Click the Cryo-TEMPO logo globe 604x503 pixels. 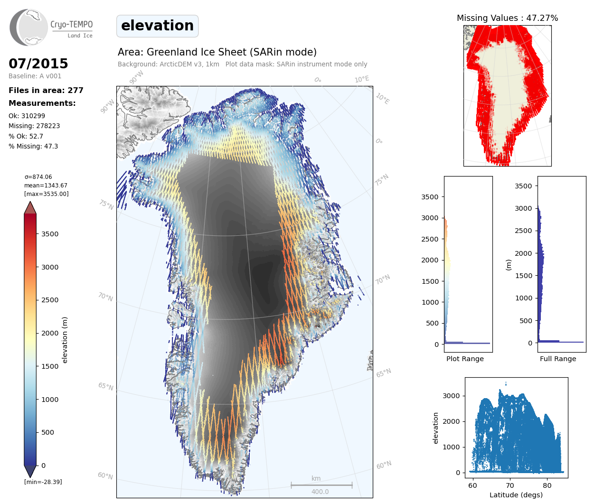[29, 28]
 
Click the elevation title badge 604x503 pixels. [157, 26]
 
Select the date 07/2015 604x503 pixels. [38, 64]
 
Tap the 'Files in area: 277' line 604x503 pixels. [46, 91]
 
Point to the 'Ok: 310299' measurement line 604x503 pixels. [27, 116]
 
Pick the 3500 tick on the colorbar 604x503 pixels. [50, 234]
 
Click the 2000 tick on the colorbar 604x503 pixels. [50, 333]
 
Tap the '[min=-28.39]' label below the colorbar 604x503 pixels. [43, 482]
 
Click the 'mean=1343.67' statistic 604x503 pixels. [46, 186]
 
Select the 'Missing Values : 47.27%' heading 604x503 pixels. [507, 18]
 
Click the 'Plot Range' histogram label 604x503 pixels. [465, 359]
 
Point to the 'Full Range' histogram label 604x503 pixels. [558, 359]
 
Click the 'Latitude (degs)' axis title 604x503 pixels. [516, 495]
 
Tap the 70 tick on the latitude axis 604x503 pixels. [510, 485]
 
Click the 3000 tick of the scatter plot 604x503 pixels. [451, 396]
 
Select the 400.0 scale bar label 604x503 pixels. [320, 492]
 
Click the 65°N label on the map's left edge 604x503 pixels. [105, 386]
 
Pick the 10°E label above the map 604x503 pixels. [362, 79]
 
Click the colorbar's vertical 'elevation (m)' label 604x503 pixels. [65, 340]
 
